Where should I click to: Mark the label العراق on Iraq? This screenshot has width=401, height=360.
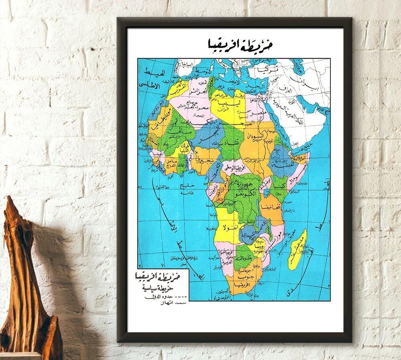(x=287, y=87)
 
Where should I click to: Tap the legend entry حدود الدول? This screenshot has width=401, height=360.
(x=162, y=297)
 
